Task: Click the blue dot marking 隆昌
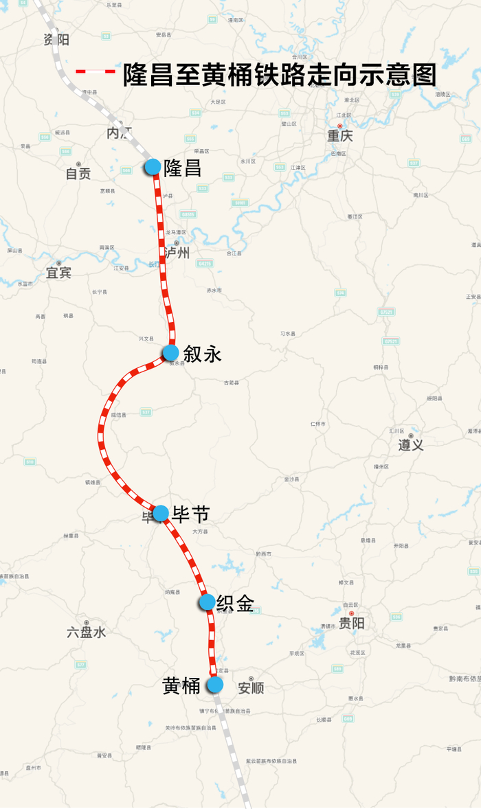pos(153,167)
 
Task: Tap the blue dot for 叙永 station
pos(170,353)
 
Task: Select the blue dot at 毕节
pos(161,513)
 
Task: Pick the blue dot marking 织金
pos(207,602)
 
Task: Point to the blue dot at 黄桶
pos(215,685)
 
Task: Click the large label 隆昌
pos(183,168)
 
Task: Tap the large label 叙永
pos(202,354)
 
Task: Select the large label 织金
pos(235,604)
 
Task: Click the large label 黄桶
pos(181,685)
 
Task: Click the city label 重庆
pos(340,136)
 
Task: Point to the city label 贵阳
pos(352,623)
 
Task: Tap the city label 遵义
pos(411,445)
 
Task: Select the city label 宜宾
pos(58,273)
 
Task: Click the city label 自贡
pos(78,174)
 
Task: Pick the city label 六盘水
pos(87,632)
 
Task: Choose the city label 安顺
pos(251,687)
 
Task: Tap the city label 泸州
pos(177,253)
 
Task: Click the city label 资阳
pos(56,39)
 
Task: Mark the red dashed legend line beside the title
pos(96,71)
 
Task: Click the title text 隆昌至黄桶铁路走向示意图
pos(280,74)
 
